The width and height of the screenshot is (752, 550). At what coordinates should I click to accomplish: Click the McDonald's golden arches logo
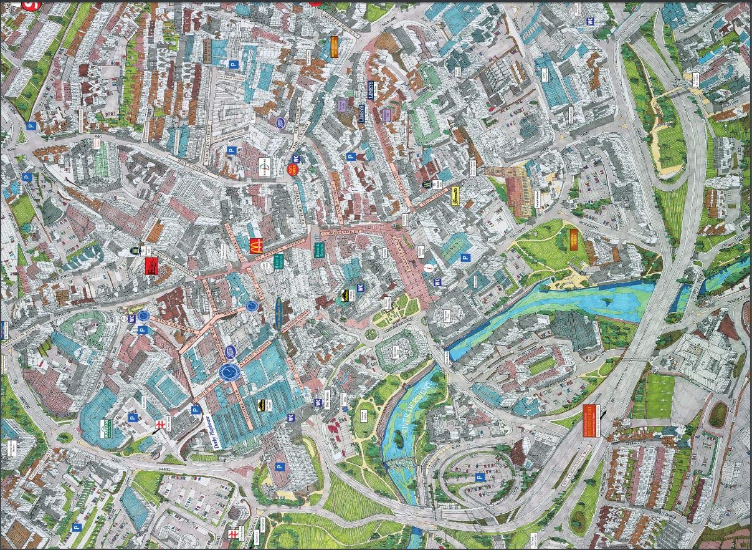(x=255, y=246)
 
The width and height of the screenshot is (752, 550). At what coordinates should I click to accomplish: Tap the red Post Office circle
(x=292, y=169)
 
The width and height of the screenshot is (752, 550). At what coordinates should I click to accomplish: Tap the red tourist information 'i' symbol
(x=428, y=267)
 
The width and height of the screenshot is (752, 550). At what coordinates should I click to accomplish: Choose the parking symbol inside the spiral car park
(x=479, y=478)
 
